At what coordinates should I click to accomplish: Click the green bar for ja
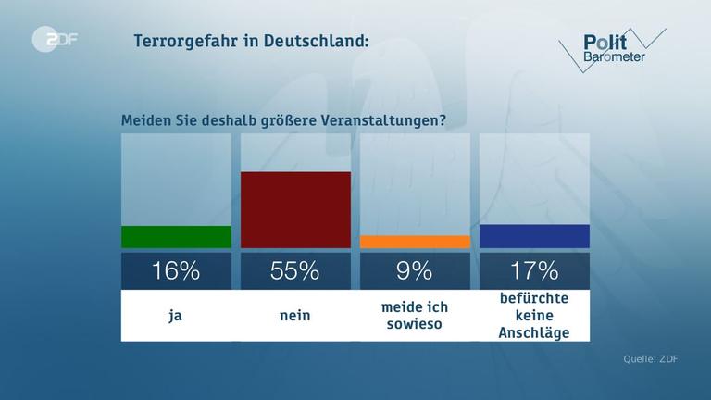point(176,237)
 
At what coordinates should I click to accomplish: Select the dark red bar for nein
point(295,210)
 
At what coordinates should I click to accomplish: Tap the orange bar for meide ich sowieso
point(415,242)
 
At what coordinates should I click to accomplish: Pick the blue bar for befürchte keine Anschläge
point(534,236)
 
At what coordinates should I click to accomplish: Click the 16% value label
point(176,270)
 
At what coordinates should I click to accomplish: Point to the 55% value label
point(295,270)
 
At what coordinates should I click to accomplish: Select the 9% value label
point(415,270)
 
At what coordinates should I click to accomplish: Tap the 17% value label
point(534,270)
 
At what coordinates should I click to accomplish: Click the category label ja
point(176,316)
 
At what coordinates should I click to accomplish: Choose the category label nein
point(295,316)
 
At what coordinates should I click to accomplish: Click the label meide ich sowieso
point(415,316)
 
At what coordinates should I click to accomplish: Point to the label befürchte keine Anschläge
point(534,316)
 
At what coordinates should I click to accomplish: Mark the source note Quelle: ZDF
point(651,360)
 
